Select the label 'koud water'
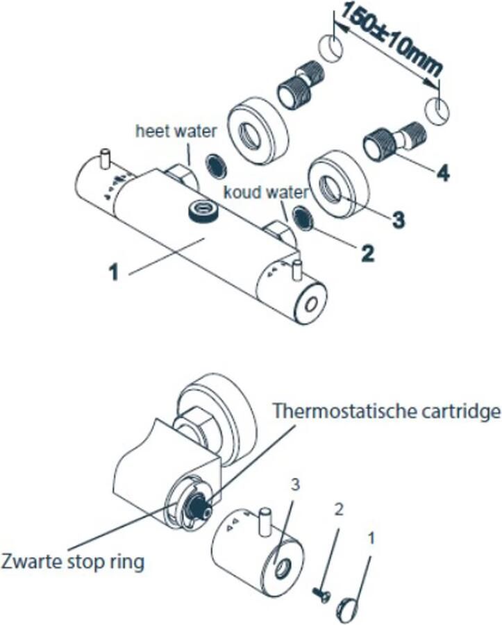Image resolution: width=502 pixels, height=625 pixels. coord(256,192)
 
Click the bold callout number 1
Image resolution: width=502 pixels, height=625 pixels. coord(115,270)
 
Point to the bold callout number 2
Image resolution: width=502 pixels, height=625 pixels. coord(367,251)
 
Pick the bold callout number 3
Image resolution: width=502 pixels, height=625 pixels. coord(396,220)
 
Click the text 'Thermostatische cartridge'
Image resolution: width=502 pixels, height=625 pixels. coord(387,411)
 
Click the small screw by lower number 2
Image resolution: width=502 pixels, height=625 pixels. coord(321,594)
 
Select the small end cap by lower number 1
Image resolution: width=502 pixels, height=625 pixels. coord(349,609)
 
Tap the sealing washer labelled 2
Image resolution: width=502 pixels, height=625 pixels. coord(303,217)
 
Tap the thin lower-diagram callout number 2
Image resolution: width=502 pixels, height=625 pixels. coord(339,510)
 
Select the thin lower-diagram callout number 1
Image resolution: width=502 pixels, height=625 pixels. coord(371,537)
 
